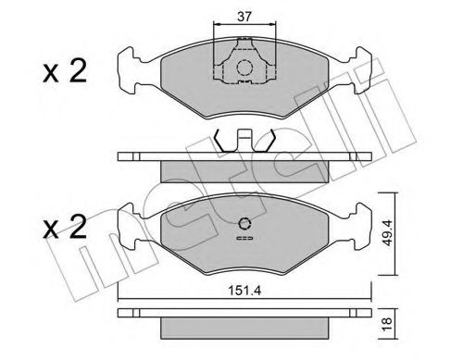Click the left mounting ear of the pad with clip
(130, 66)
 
